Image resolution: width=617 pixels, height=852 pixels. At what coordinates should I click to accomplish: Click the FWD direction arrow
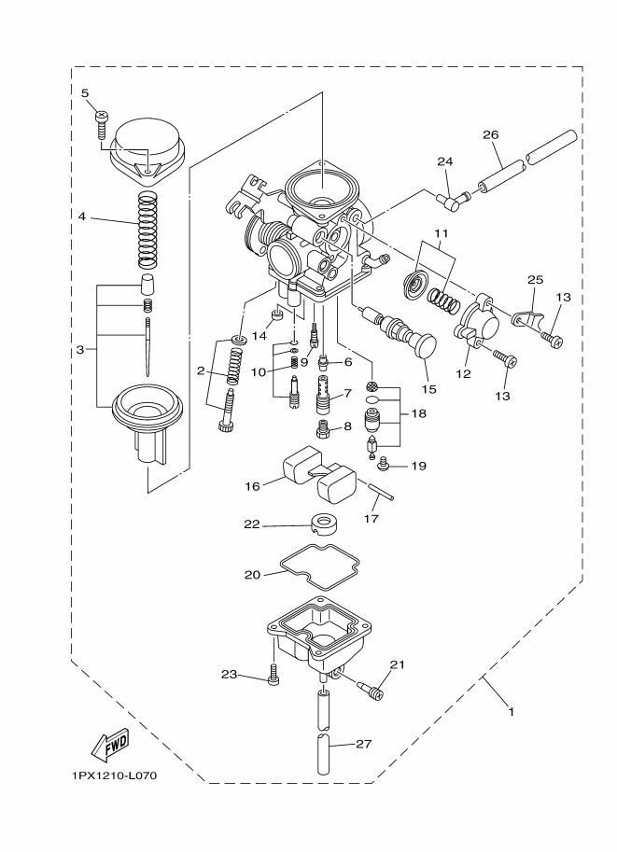(109, 746)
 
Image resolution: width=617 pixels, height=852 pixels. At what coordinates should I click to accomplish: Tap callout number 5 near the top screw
(84, 93)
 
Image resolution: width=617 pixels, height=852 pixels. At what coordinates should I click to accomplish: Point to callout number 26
(491, 134)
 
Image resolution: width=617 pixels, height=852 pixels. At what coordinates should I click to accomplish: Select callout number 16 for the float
(252, 484)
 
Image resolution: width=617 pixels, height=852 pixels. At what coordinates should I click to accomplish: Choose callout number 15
(428, 388)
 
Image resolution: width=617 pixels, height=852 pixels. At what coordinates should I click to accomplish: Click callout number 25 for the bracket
(535, 279)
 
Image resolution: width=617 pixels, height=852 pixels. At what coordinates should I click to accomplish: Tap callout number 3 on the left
(80, 350)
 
